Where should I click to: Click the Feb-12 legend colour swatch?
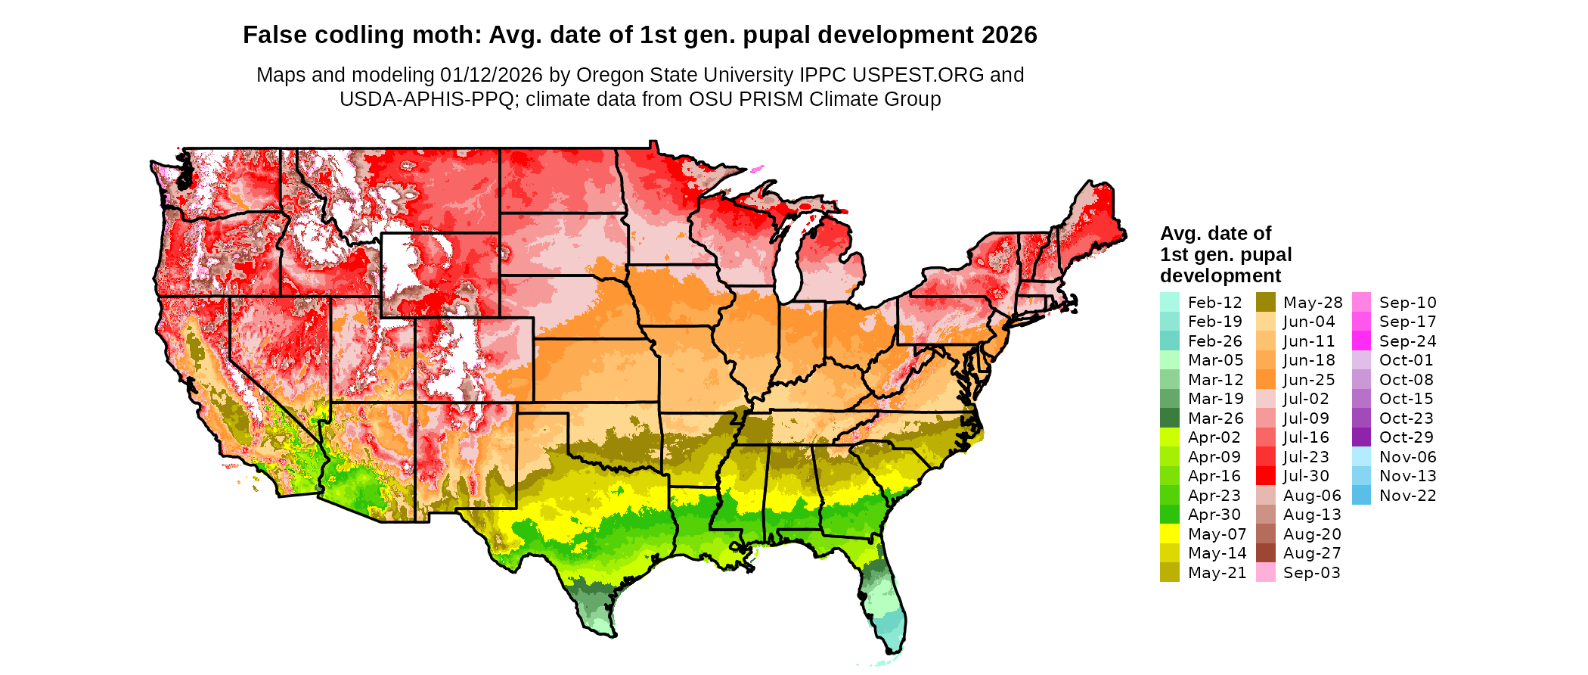pyautogui.click(x=1169, y=303)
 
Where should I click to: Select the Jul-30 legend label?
pyautogui.click(x=1306, y=477)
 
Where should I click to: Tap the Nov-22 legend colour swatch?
pyautogui.click(x=1361, y=496)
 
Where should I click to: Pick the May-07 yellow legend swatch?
pyautogui.click(x=1169, y=534)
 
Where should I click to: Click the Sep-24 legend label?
pyautogui.click(x=1407, y=341)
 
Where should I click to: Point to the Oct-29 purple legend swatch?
pyautogui.click(x=1361, y=437)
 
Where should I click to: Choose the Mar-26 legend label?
pyautogui.click(x=1215, y=418)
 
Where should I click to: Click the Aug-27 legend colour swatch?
pyautogui.click(x=1265, y=553)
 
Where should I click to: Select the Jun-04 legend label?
pyautogui.click(x=1309, y=322)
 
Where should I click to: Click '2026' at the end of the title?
pyautogui.click(x=1010, y=35)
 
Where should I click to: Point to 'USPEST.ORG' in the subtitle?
pyautogui.click(x=918, y=75)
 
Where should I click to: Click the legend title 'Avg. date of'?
pyautogui.click(x=1215, y=233)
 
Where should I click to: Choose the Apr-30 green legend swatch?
pyautogui.click(x=1169, y=515)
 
